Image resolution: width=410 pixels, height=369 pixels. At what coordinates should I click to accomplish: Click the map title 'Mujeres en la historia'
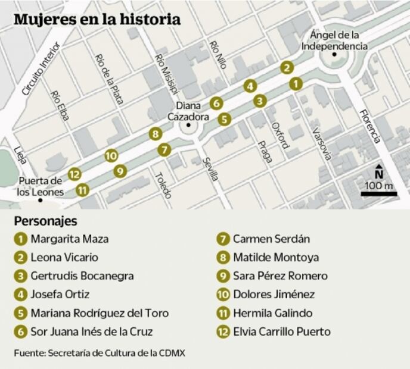tap(97, 19)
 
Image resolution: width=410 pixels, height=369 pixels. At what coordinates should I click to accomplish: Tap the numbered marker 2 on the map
tap(287, 68)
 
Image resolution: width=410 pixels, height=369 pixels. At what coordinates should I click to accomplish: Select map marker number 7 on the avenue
tap(164, 149)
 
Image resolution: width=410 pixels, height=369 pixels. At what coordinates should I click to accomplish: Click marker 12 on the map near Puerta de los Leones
tap(74, 174)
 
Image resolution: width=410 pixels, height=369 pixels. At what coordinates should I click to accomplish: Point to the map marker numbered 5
tap(223, 119)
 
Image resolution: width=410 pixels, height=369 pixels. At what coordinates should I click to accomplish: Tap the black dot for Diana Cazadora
tap(188, 126)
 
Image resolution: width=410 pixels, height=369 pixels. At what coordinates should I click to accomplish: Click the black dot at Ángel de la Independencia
tap(335, 55)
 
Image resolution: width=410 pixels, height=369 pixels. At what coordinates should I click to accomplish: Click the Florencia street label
tap(370, 126)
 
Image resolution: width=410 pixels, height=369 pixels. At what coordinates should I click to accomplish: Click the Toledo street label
tap(163, 185)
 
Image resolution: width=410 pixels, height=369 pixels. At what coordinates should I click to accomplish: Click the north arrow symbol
tap(379, 171)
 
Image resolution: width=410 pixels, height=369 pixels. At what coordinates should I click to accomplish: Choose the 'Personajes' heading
tap(46, 221)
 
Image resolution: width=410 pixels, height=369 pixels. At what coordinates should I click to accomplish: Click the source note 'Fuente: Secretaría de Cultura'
tap(100, 353)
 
